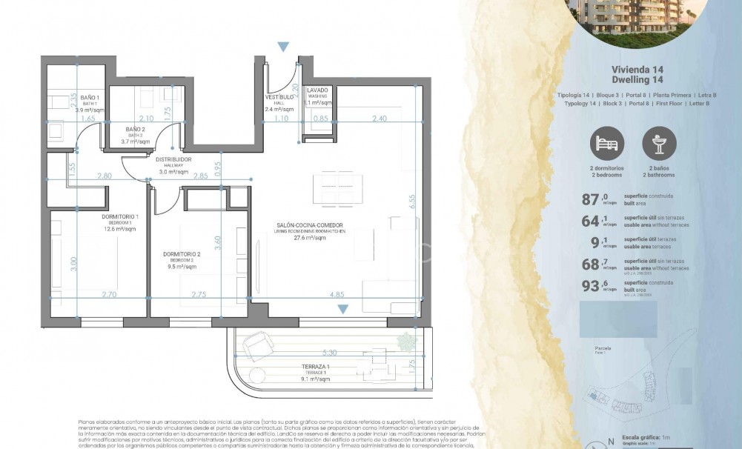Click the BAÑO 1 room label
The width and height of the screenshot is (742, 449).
(90, 98)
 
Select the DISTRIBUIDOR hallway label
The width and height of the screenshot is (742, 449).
(173, 159)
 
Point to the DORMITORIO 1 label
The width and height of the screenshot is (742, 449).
(119, 216)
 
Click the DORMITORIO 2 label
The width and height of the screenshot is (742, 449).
(181, 254)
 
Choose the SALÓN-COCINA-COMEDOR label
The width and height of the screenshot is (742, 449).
(311, 225)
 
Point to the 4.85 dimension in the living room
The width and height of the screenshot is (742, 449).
(336, 294)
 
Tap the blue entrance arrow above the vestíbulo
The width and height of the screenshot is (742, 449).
(283, 47)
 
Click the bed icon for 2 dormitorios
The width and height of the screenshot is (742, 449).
(606, 143)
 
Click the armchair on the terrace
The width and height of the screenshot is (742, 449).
(257, 343)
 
